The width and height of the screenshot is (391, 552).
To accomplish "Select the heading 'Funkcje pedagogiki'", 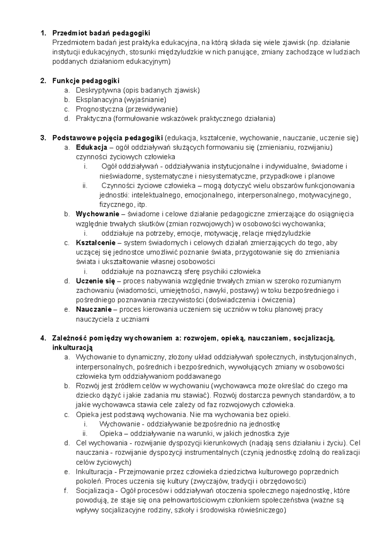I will [86, 80].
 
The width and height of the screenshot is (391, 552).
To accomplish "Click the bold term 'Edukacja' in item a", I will [92, 147].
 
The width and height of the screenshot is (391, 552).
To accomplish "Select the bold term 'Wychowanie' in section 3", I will [97, 214].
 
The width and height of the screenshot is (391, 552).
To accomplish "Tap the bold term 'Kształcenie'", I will [95, 243].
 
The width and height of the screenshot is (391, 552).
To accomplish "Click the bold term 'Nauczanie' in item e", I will [94, 309].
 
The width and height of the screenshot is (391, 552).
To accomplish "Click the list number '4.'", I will [43, 338].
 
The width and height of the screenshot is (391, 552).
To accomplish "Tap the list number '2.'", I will [43, 80].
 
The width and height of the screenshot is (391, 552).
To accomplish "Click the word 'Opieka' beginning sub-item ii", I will [109, 434].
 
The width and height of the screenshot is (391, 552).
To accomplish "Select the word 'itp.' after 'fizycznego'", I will [141, 205].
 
